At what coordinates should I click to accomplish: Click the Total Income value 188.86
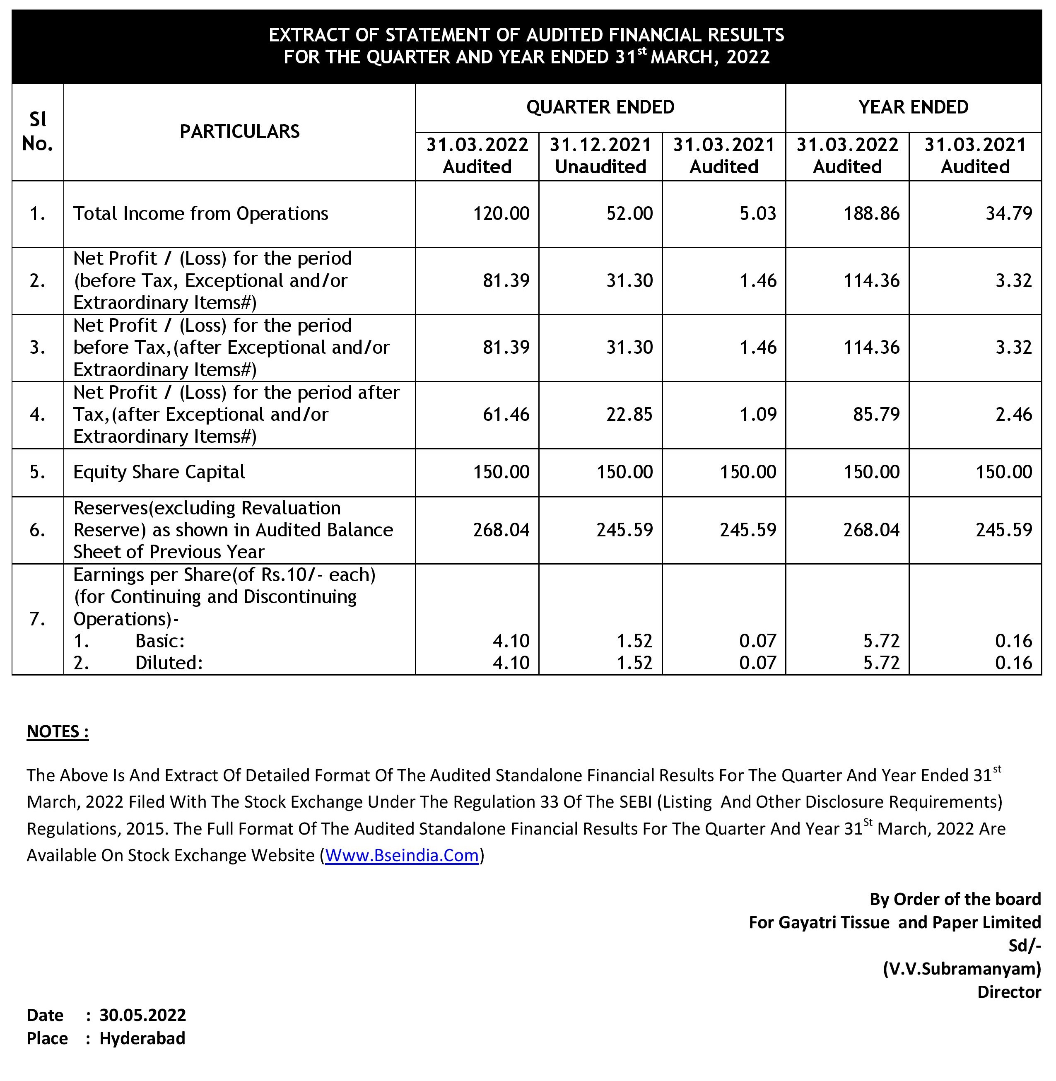pos(871,214)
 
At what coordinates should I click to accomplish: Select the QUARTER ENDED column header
pos(600,107)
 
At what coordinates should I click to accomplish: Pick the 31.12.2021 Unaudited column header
pos(600,155)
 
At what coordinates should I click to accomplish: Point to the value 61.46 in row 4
pos(506,414)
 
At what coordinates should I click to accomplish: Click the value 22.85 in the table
pos(629,414)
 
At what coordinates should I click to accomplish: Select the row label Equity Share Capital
pos(159,472)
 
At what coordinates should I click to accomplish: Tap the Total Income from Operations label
pos(201,214)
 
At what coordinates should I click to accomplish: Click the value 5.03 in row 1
pos(757,214)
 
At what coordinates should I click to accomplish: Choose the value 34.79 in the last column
pos(1008,214)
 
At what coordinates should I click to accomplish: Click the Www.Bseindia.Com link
pos(402,855)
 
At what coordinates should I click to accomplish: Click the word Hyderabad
pos(142,1038)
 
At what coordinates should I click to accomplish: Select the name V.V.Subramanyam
pos(962,968)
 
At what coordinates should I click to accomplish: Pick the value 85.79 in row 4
pos(876,414)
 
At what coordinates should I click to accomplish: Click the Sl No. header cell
pos(38,131)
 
